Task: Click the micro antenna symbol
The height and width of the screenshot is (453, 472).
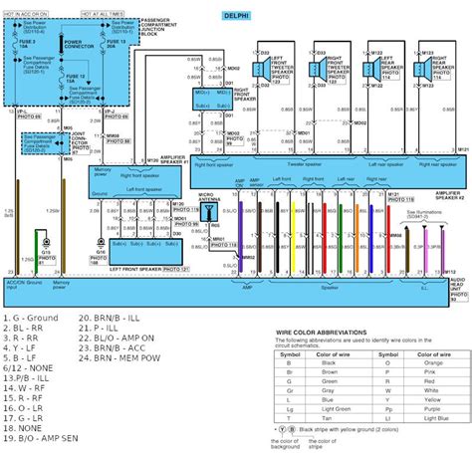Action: coord(210,196)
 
